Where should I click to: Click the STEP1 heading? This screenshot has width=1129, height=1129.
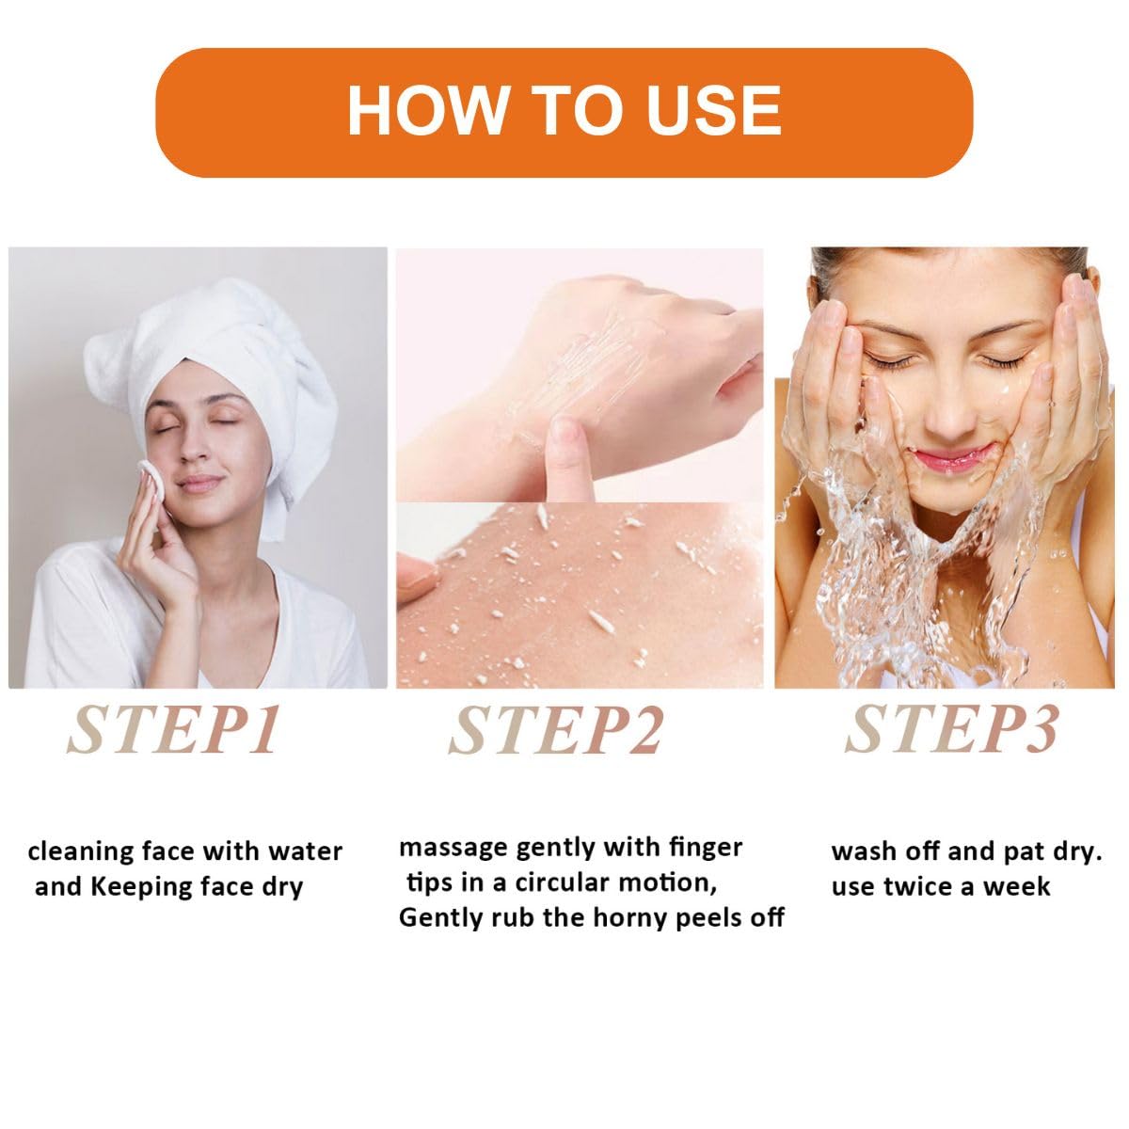pos(173,730)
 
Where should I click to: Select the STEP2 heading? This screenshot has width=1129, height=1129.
pos(556,731)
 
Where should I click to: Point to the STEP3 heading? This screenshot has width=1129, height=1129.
pos(951,729)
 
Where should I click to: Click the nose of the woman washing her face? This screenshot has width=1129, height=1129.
pos(949,410)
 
